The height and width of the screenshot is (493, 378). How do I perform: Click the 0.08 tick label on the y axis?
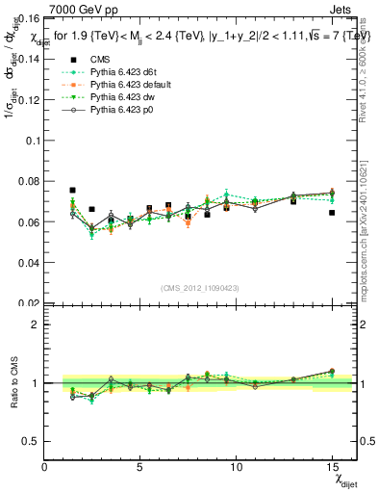(x=26, y=181)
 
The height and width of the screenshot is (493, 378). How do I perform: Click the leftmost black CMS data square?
(x=73, y=191)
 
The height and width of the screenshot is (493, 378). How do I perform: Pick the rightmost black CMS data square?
(x=331, y=213)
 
